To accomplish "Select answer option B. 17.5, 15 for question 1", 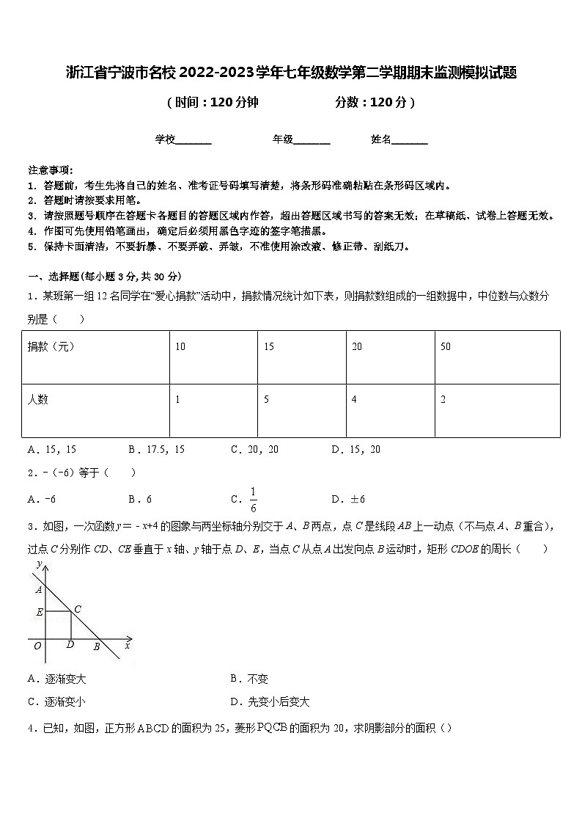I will coord(156,449).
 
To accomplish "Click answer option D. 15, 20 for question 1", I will coord(356,449).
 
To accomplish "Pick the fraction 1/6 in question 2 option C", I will coord(253,499).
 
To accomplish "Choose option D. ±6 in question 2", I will coord(348,500).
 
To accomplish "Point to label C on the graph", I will coord(78,609).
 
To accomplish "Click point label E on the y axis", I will coord(39,611).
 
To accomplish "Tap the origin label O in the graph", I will coord(37,646).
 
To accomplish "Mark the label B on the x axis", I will coord(95,646).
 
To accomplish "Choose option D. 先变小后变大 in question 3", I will coord(269,702).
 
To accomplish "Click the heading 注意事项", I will coord(50,169).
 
